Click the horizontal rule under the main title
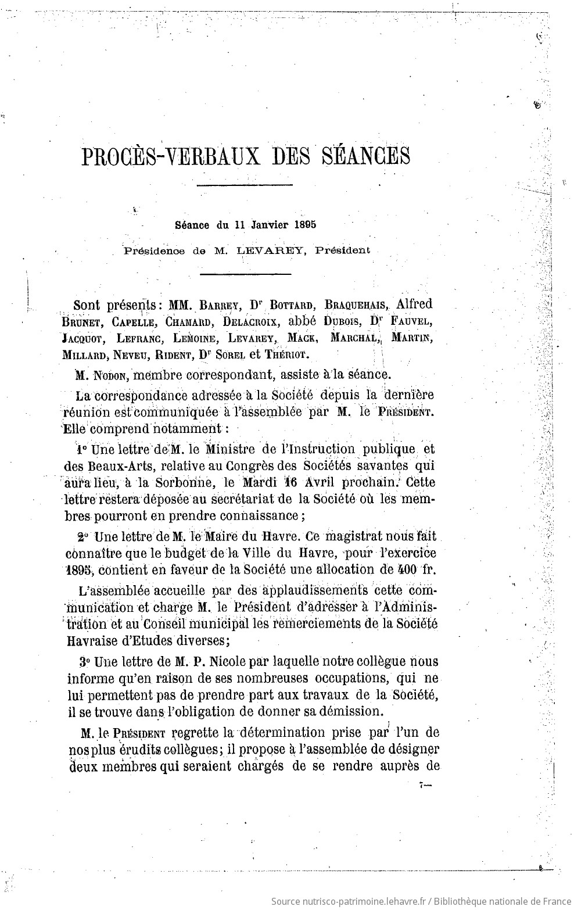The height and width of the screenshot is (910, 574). [x=245, y=185]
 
